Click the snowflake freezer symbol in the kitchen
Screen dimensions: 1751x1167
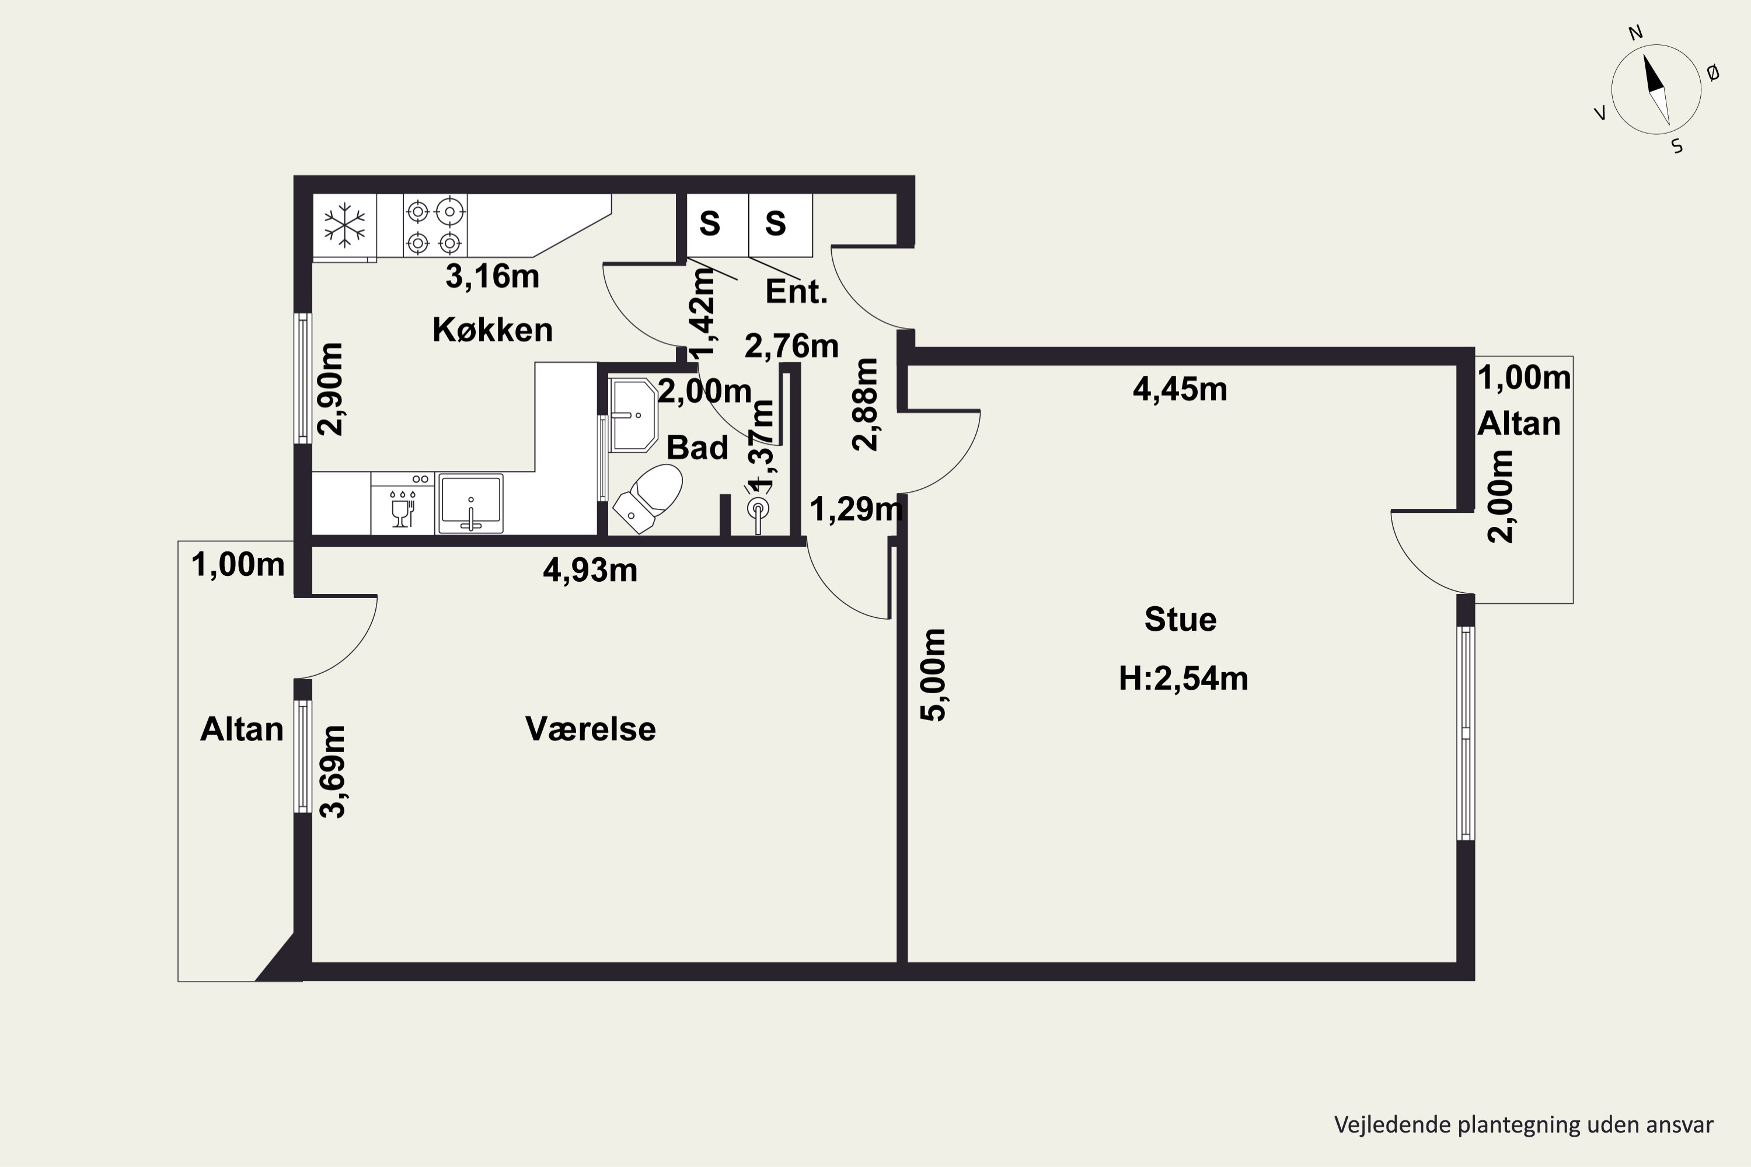[345, 225]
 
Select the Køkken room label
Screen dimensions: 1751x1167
[493, 330]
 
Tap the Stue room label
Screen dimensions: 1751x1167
[1180, 619]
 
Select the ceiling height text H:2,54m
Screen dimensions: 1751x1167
[1183, 679]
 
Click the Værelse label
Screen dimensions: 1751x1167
[590, 729]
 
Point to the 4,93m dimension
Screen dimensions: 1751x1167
[590, 571]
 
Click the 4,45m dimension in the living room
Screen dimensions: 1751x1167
[1180, 389]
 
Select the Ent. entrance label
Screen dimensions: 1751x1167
[797, 292]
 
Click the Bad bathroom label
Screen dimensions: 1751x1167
[697, 448]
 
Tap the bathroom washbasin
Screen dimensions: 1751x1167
[633, 414]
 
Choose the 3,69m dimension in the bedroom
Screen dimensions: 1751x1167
[333, 772]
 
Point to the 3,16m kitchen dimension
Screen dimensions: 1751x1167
[492, 276]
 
